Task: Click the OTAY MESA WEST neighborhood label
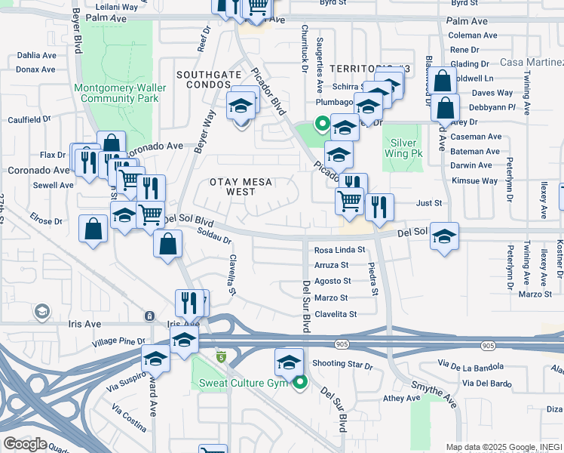tap(240, 187)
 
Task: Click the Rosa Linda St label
tap(339, 250)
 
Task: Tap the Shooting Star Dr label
tap(342, 365)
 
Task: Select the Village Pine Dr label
tap(118, 341)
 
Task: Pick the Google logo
tap(25, 443)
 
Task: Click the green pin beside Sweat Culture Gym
tap(301, 383)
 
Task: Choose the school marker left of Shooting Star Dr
tap(289, 362)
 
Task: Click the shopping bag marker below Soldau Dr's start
tap(167, 244)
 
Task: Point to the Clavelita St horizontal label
tap(335, 314)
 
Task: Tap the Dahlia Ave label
tap(37, 55)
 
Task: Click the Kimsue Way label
tap(475, 181)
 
